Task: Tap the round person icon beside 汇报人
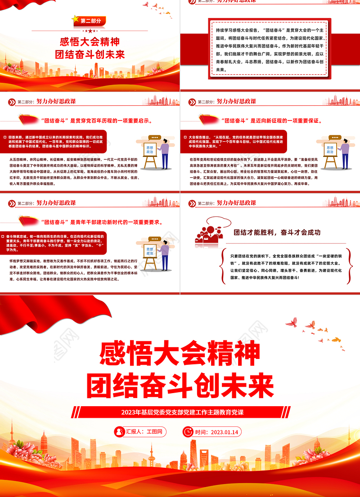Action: (119, 431)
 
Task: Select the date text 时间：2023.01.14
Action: (217, 432)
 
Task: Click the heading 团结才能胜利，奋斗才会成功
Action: (277, 233)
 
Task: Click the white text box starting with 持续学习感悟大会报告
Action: (270, 48)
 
